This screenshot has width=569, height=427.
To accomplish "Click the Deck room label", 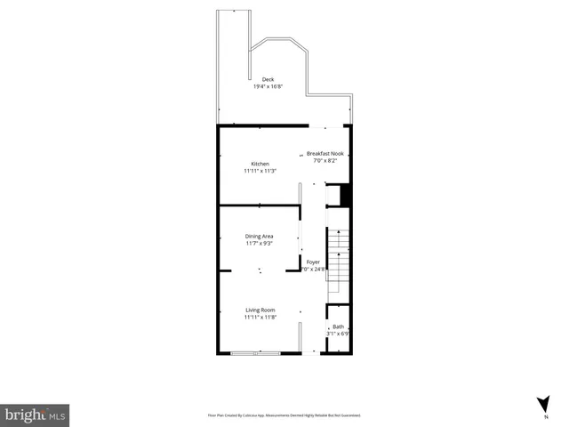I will (268, 80).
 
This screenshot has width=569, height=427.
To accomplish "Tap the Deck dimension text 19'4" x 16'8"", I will (268, 87).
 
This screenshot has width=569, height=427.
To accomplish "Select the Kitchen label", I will (260, 164).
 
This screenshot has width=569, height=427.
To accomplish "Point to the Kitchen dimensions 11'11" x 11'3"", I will (260, 171).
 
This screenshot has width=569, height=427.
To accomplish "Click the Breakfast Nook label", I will (326, 155).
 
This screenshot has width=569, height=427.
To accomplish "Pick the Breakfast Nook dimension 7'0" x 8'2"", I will (326, 162).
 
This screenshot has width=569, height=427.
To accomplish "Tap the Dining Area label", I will (260, 236).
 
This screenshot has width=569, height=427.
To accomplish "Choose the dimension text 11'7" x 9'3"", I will (260, 243).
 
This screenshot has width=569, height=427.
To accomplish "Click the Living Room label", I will (260, 310).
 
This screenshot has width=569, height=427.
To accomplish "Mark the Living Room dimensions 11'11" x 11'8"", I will (260, 317).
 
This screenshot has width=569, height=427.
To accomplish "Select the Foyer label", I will (313, 262).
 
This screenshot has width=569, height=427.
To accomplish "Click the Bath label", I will (339, 327).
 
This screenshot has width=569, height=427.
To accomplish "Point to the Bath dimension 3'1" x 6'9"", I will (339, 334).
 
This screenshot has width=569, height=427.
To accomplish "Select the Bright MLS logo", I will (35, 415).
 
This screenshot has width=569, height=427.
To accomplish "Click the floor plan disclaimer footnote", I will (284, 415).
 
